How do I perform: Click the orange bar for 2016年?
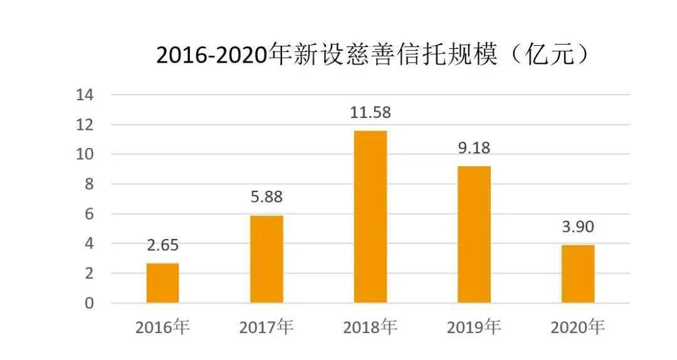162,283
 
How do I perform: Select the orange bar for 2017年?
266,259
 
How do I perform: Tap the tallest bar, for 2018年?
370,217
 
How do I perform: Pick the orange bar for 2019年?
474,235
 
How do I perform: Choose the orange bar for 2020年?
577,274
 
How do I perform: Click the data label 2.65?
163,245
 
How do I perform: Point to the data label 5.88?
266,197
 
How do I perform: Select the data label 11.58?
370,113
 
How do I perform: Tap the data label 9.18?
474,148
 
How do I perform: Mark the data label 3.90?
577,226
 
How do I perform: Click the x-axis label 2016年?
162,327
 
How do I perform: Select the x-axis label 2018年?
370,327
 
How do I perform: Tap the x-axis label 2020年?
577,327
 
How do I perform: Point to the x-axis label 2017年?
266,327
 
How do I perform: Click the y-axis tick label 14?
85,95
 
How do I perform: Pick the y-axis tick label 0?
89,304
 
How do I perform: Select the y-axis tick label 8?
89,184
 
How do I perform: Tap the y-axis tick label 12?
85,125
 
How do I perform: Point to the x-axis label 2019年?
474,327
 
